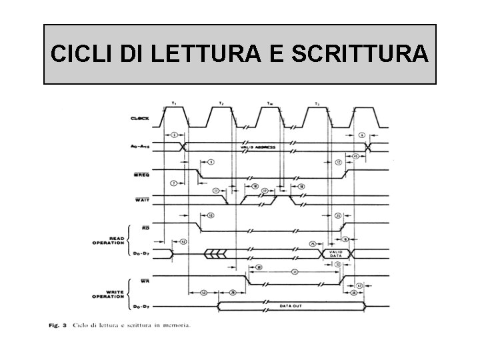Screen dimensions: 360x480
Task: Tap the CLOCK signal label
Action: [x=139, y=119]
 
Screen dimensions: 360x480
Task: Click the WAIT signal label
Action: [x=141, y=199]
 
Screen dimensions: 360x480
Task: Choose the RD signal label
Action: [x=145, y=228]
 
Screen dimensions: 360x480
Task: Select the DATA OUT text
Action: [x=292, y=308]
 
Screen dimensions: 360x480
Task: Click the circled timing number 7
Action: [x=173, y=182]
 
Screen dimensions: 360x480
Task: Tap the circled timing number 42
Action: [x=183, y=241]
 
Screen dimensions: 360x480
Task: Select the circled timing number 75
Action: [x=312, y=245]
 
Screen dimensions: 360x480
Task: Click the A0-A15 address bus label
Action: [x=139, y=146]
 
